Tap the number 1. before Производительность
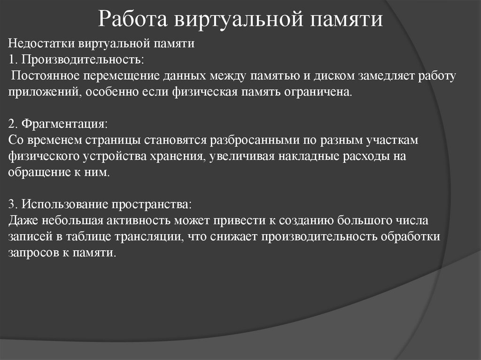click(x=13, y=60)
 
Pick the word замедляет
click(x=380, y=76)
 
